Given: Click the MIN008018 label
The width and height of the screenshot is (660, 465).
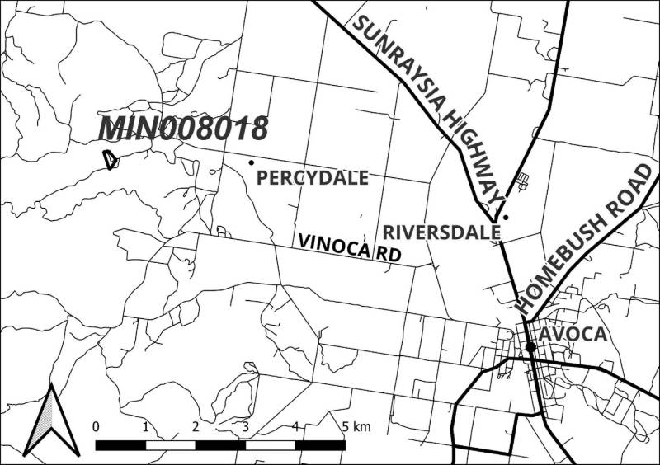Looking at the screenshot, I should (x=183, y=130).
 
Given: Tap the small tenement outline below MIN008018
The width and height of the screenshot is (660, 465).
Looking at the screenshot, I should (x=110, y=158).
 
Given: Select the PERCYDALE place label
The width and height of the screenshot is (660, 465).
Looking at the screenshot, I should (x=313, y=178).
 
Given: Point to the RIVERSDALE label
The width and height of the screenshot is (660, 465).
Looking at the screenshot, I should (x=442, y=231).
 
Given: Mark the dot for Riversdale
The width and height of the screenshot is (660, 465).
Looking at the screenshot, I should (x=506, y=218).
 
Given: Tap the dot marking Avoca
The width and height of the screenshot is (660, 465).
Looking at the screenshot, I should (x=531, y=347).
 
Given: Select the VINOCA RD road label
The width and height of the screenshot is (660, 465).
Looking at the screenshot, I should (x=349, y=247).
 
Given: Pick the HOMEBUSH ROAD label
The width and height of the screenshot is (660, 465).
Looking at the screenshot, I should (x=586, y=239).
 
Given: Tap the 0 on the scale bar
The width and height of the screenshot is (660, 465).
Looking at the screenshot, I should (x=97, y=426).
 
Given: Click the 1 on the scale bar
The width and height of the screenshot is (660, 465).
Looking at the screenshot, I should (x=146, y=426).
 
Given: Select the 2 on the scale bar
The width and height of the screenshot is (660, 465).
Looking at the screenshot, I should (x=196, y=426).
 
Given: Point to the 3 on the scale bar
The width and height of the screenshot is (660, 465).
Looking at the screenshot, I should (x=246, y=426).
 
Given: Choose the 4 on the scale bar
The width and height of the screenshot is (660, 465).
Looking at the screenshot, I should (x=295, y=426).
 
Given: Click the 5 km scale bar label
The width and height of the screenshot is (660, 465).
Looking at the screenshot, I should (x=356, y=426).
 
